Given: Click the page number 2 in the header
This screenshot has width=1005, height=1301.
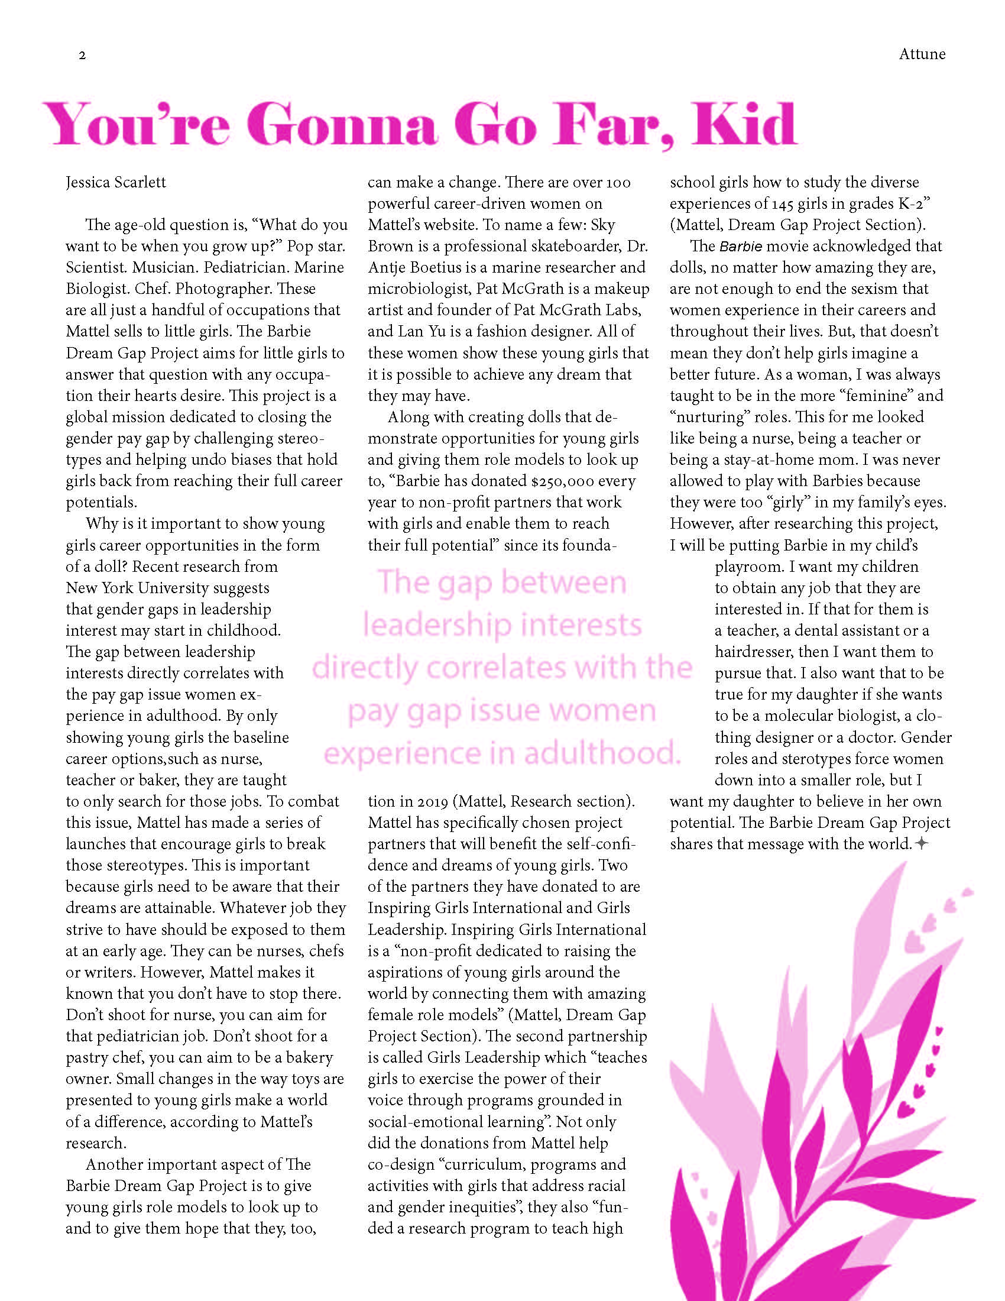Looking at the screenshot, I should [82, 56].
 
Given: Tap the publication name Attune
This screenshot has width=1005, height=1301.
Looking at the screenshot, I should [922, 54].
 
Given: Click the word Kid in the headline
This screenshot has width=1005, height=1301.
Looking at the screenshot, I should [744, 125].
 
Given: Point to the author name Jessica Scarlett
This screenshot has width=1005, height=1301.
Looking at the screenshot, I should [116, 182].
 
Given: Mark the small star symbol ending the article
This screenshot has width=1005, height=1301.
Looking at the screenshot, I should [920, 843].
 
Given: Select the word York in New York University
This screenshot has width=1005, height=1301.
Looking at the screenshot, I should [117, 588].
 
